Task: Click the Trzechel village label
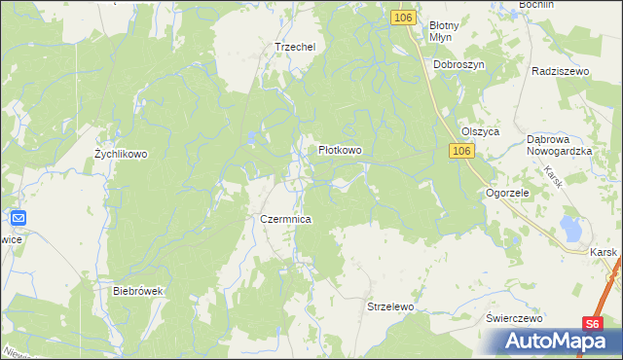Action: coord(296,47)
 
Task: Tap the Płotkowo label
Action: coord(341,151)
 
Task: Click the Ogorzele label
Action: coord(506,194)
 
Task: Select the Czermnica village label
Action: coord(285,220)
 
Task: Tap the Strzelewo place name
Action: coord(390,306)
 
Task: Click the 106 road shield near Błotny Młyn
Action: coord(405,18)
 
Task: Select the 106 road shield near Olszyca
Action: coord(461,152)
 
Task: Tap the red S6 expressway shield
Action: coord(595,325)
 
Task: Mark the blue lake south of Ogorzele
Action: coord(570,231)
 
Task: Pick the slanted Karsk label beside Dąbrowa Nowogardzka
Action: coord(554,176)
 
